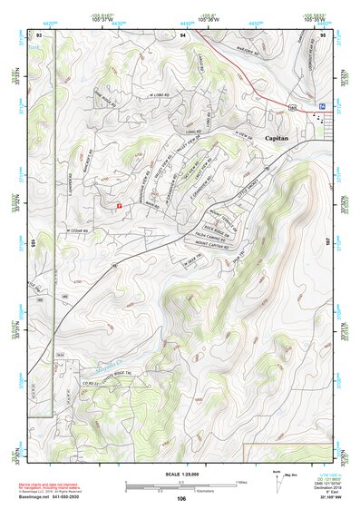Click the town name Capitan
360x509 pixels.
277,138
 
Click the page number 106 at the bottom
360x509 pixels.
180,498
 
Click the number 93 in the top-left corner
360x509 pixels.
39,34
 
